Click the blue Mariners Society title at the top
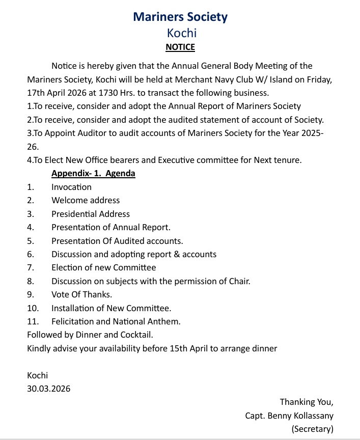(180, 17)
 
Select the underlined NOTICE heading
(180, 47)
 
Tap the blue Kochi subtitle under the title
(182, 33)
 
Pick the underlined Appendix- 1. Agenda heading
(93, 174)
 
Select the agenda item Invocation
(71, 187)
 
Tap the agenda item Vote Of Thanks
(81, 294)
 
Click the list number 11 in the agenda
(32, 321)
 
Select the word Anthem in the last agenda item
(164, 321)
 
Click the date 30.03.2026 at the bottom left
(49, 389)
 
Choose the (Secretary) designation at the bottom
(312, 429)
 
